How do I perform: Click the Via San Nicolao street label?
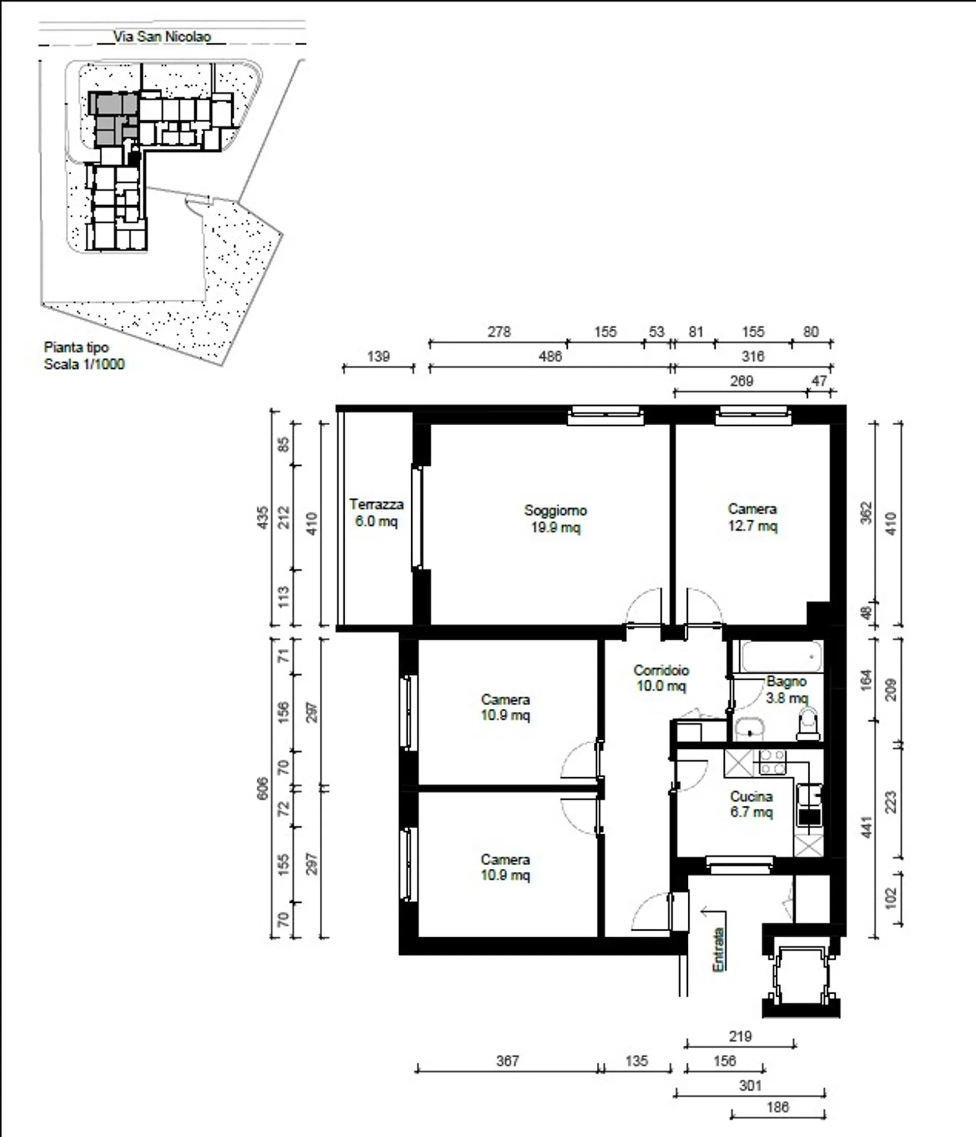[162, 37]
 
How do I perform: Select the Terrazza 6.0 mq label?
[376, 513]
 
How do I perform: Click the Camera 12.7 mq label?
[752, 518]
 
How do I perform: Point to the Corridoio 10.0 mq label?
[661, 678]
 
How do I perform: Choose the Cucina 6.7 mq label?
[751, 804]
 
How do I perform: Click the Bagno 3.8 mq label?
[786, 690]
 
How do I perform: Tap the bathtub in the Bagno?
[782, 656]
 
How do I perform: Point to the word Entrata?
[718, 950]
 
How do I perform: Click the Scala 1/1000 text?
[84, 364]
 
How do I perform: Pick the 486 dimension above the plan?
[550, 357]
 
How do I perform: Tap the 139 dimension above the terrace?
[378, 357]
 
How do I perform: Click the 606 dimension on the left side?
[263, 788]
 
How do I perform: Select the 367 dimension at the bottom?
[507, 1061]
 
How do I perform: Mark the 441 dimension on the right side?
[867, 828]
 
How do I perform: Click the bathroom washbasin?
[750, 729]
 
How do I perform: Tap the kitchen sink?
[810, 794]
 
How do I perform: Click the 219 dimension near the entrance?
[740, 1036]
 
